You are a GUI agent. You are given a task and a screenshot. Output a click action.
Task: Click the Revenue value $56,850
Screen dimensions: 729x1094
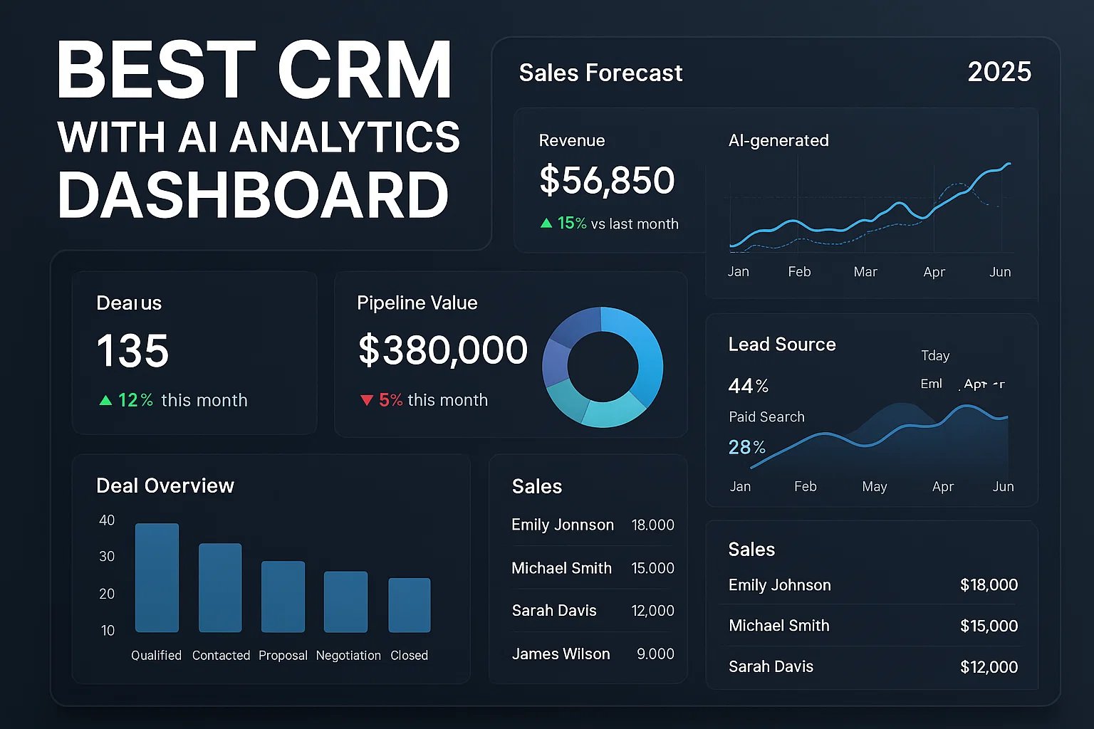coord(607,180)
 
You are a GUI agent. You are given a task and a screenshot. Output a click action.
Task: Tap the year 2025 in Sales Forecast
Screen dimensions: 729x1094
coord(999,72)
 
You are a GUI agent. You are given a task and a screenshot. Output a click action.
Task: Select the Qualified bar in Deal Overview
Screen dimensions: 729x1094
coord(157,577)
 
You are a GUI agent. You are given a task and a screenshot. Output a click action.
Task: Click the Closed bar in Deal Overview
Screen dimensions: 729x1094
coord(409,604)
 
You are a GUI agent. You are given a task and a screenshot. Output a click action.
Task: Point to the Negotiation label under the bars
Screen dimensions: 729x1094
coord(348,655)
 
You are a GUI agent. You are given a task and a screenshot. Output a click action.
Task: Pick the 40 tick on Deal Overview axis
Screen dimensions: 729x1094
coord(107,520)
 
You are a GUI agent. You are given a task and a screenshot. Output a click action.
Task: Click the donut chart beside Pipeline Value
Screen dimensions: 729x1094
coord(603,367)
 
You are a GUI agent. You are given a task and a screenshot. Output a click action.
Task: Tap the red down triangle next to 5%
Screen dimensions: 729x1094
coord(367,400)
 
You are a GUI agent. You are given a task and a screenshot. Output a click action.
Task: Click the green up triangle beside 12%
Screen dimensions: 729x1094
coord(105,400)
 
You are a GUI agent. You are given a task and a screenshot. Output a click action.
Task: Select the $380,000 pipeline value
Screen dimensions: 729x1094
coord(442,350)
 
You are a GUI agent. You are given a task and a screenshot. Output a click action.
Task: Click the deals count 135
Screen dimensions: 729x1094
coord(132,351)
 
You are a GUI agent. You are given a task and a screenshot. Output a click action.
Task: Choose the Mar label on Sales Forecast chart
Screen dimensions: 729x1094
coord(865,272)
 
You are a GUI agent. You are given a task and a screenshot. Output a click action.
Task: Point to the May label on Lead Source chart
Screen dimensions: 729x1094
coord(874,486)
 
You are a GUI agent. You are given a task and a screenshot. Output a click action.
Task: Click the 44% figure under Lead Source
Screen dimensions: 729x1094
coord(748,386)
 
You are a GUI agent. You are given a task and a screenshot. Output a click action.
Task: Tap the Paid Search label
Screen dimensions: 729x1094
coord(766,416)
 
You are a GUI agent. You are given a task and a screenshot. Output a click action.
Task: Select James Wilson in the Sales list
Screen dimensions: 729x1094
coord(561,654)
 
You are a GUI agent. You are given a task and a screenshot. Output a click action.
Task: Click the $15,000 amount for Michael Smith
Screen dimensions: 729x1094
coord(989,626)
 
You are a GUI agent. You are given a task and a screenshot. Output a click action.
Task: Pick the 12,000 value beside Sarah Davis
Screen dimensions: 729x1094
coord(652,611)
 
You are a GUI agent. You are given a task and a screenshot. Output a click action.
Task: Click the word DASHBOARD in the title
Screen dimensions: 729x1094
coord(253,195)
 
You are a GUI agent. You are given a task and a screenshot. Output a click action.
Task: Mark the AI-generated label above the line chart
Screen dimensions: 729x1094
coord(778,140)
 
